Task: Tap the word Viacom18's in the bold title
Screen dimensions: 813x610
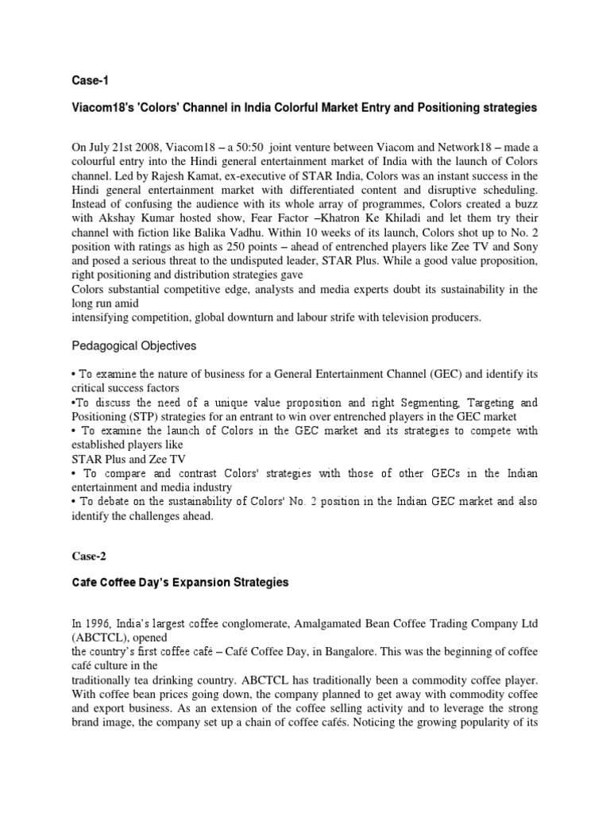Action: tap(101, 107)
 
